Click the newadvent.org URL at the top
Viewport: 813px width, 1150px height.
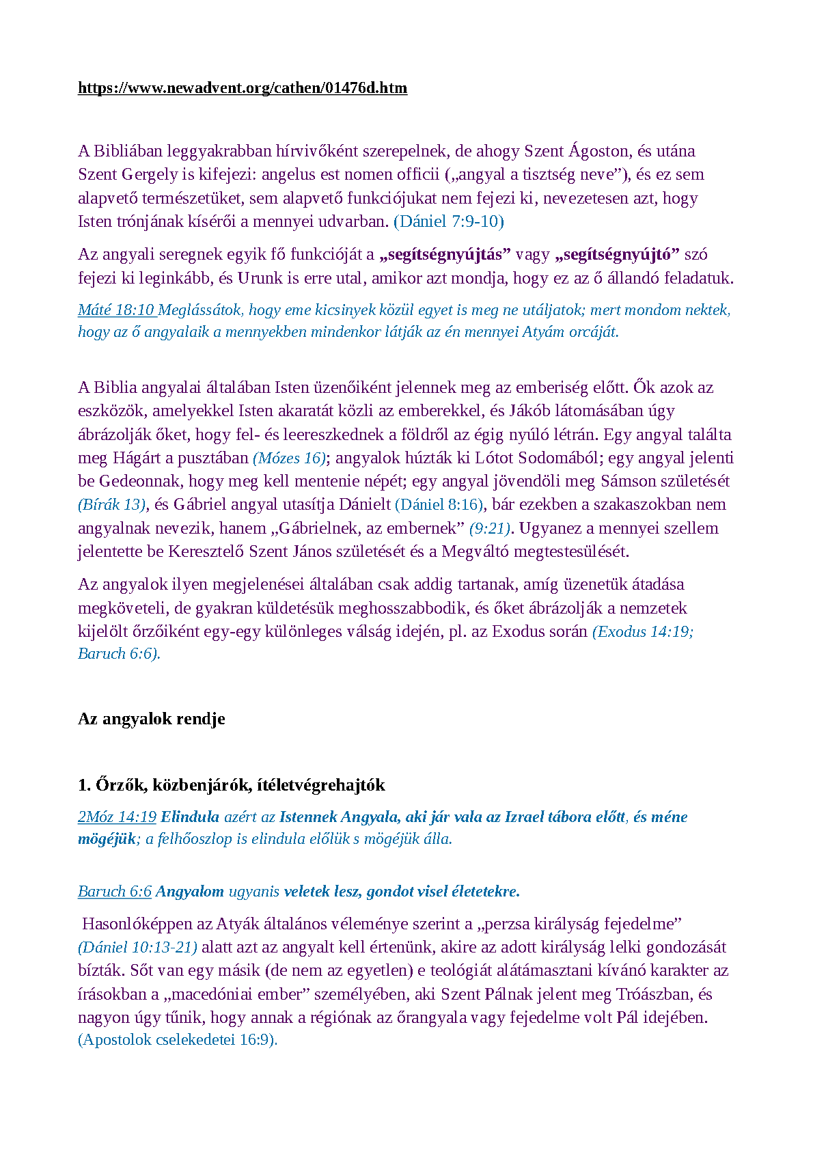point(243,88)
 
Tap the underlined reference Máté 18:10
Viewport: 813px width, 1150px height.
point(117,310)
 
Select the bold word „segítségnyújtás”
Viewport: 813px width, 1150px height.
point(445,255)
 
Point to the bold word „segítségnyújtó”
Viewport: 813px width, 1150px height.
point(618,255)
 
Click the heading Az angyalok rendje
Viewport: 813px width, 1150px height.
point(152,719)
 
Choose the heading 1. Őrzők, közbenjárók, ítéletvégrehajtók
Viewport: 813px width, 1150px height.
point(232,785)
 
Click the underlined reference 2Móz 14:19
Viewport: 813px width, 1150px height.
point(117,817)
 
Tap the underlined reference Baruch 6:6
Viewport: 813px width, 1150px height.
point(114,892)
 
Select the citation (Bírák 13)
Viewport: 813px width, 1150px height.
point(112,505)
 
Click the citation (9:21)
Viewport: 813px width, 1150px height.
point(489,528)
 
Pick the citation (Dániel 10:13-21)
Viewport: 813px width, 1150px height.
point(137,948)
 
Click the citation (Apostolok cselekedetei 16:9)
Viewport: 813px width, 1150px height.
point(178,1040)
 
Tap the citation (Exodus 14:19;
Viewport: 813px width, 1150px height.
point(642,631)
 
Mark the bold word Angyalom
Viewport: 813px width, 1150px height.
point(190,892)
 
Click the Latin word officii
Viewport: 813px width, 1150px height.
point(409,175)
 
